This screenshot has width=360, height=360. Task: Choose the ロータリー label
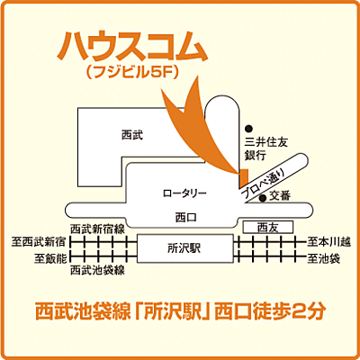click(x=184, y=193)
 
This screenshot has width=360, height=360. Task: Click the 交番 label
click(x=280, y=194)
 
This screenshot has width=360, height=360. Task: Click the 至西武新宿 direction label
click(x=38, y=242)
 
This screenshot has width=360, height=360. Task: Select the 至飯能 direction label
click(x=47, y=258)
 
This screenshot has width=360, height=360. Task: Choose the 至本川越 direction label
click(x=323, y=241)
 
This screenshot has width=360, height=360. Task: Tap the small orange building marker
click(x=241, y=173)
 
